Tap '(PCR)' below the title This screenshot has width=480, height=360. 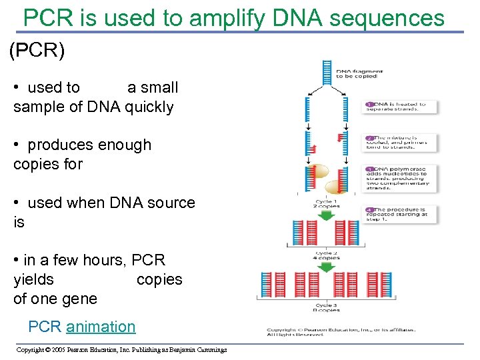(x=37, y=51)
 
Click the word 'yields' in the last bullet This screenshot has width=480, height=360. (x=33, y=279)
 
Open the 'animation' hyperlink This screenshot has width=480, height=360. (x=101, y=327)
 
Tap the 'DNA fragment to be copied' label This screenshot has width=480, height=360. (x=357, y=73)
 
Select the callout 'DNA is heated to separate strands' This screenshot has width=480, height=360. (x=401, y=107)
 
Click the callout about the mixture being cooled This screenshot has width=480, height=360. (x=401, y=141)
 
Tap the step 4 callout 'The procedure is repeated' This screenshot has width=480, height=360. (x=401, y=214)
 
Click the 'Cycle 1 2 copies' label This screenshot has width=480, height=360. (x=327, y=203)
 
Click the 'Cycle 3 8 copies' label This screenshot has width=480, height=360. (x=326, y=307)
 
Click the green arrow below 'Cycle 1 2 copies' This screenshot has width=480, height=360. (x=326, y=216)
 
